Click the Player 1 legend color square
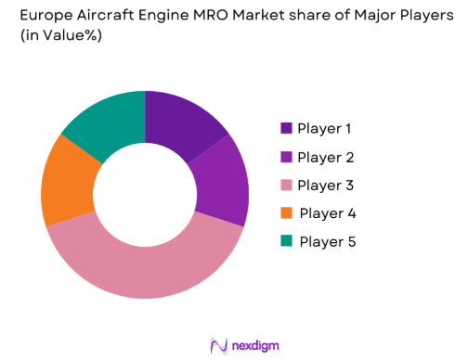pyautogui.click(x=286, y=129)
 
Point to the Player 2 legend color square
pyautogui.click(x=286, y=158)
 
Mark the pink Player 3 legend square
pyautogui.click(x=286, y=186)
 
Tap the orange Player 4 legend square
pyautogui.click(x=286, y=213)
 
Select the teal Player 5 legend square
pyautogui.click(x=286, y=242)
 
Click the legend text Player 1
pyautogui.click(x=325, y=129)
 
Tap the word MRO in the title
pyautogui.click(x=233, y=16)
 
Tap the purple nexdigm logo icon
pyautogui.click(x=219, y=345)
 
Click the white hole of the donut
pyautogui.click(x=145, y=195)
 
